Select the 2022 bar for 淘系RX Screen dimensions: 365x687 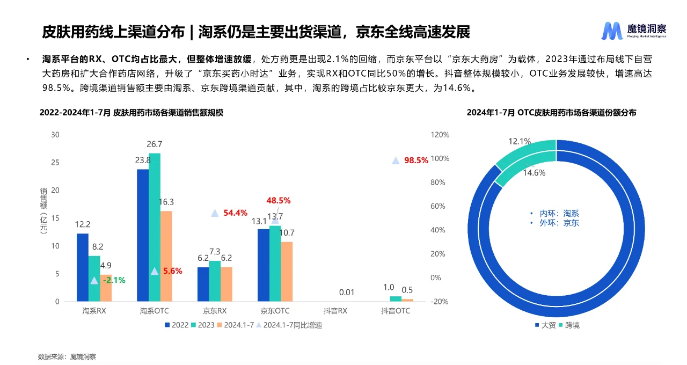[82, 267]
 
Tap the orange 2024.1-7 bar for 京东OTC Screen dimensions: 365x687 [287, 271]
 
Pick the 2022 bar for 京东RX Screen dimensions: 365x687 [203, 284]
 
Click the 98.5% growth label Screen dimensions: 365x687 [416, 160]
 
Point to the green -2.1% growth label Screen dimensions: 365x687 [113, 280]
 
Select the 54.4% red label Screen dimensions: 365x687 [235, 213]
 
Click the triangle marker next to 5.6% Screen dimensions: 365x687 [155, 271]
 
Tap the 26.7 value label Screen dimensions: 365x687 [155, 144]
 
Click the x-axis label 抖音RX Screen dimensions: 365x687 [335, 311]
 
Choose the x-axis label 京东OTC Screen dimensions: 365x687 [275, 311]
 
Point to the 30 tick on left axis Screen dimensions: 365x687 [55, 134]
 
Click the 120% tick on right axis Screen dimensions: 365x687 [440, 135]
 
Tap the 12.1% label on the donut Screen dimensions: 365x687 [519, 142]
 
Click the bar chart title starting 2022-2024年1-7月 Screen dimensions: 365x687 [131, 113]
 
